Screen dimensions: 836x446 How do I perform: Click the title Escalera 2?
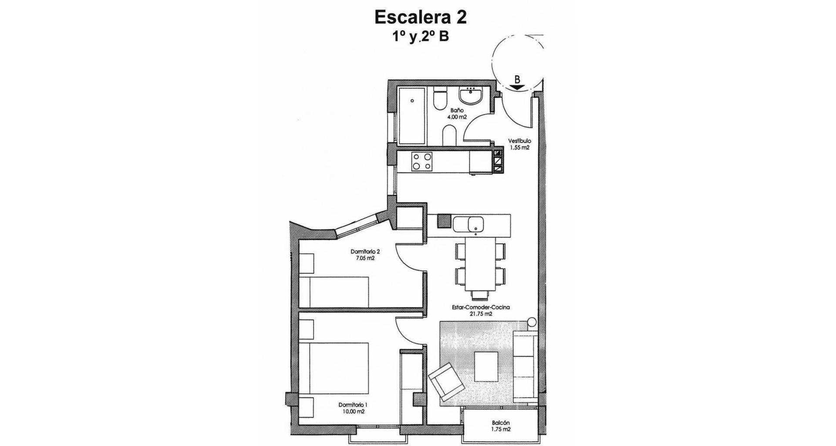point(421,17)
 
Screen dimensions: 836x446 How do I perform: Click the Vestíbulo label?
point(520,141)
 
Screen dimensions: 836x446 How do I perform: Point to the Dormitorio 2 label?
point(365,252)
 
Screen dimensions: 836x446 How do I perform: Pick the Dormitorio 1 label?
point(352,405)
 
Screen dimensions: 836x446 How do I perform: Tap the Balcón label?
point(501,422)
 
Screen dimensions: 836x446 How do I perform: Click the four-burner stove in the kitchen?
point(117,162)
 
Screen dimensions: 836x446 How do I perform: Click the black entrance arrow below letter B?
point(517,87)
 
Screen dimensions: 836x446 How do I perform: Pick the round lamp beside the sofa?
point(532,323)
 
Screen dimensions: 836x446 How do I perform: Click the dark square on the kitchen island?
point(444,221)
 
